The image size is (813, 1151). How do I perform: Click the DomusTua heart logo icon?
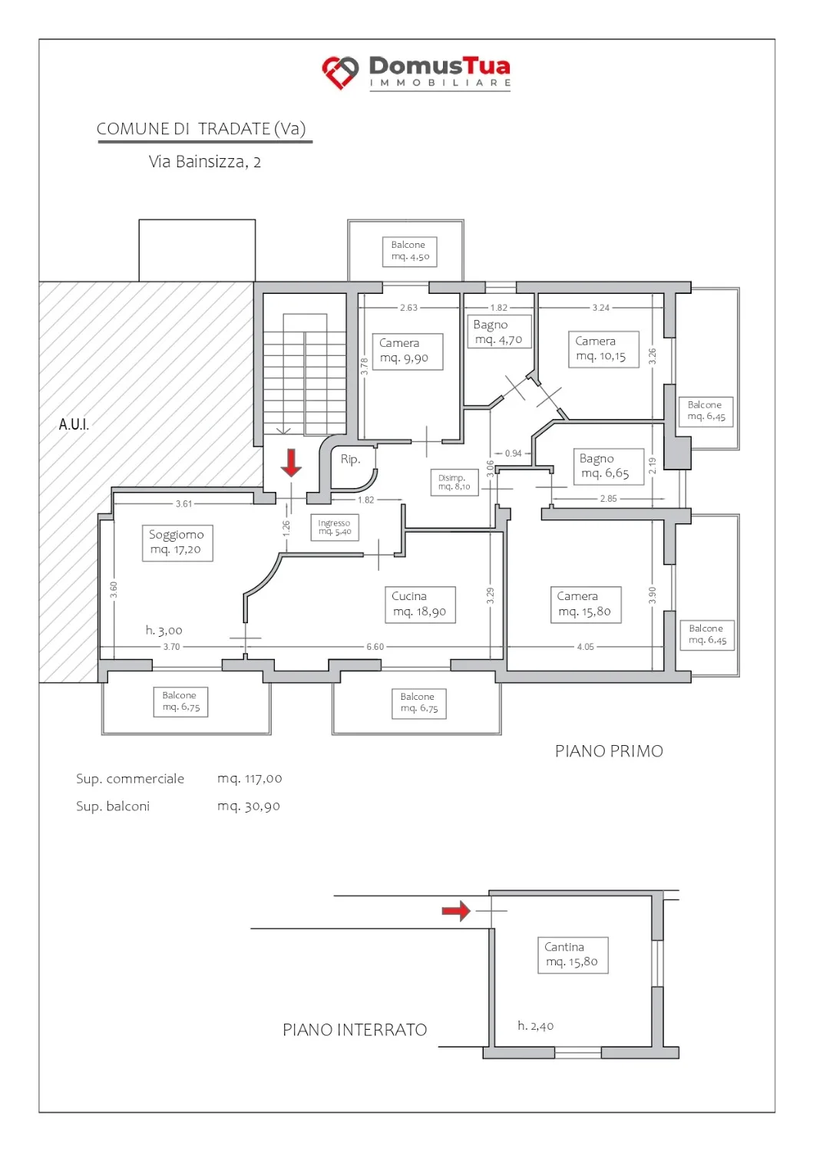340,72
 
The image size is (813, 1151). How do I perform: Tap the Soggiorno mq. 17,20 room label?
177,543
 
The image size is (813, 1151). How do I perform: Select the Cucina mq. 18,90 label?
420,605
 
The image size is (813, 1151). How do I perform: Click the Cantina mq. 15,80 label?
573,955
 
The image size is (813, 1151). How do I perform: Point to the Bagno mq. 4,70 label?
499,332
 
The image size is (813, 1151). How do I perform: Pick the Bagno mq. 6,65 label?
608,466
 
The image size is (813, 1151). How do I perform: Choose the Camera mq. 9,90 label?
408,351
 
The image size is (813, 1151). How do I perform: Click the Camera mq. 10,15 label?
603,349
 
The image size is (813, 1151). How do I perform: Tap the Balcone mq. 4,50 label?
410,251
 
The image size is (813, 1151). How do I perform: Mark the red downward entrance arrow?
291,463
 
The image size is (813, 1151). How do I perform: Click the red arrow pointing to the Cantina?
456,911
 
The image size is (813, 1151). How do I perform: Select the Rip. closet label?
350,459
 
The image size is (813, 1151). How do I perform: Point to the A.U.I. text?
74,424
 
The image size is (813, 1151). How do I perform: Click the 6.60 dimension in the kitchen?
375,646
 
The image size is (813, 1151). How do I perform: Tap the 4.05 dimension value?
585,646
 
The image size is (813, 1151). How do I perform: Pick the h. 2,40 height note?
535,1026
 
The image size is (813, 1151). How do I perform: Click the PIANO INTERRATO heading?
355,1030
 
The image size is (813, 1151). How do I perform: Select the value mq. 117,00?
250,779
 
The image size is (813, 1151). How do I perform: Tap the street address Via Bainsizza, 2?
205,162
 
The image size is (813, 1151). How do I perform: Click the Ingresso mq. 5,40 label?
335,527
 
